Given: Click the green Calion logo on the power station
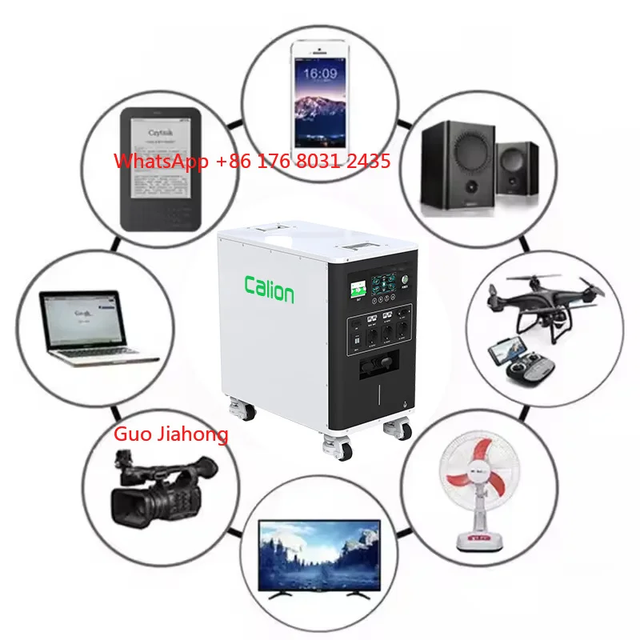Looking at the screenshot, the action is (269, 290).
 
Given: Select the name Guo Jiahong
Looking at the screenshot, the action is (170, 434).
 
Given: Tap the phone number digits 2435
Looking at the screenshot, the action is (363, 161).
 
